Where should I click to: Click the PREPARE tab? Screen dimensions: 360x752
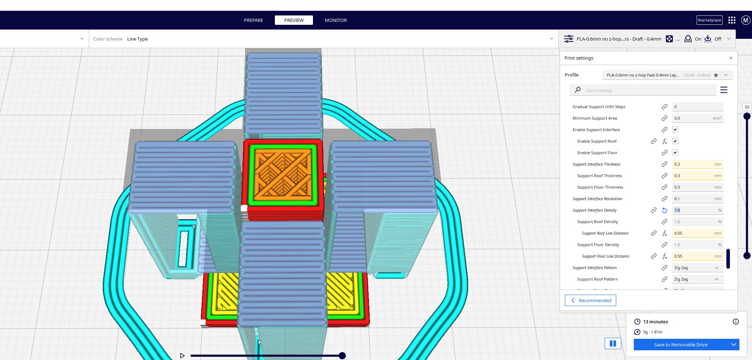(253, 20)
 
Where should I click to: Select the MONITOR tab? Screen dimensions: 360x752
(336, 20)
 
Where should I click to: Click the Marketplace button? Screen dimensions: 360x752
(709, 20)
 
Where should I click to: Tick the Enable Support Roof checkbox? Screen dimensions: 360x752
(675, 141)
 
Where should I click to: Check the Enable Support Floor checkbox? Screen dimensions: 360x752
(675, 153)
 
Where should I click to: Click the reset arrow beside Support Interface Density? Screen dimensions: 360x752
(664, 210)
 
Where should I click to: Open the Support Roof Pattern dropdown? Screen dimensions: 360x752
(697, 279)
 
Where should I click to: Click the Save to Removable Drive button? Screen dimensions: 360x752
(681, 345)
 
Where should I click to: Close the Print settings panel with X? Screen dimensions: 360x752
(731, 58)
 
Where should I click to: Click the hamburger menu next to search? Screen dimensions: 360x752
(724, 90)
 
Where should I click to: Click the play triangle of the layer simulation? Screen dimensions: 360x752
(182, 355)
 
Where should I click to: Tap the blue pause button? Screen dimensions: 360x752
(613, 343)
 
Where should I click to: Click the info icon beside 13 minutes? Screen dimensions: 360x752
(735, 322)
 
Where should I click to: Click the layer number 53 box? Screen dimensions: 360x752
(747, 107)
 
